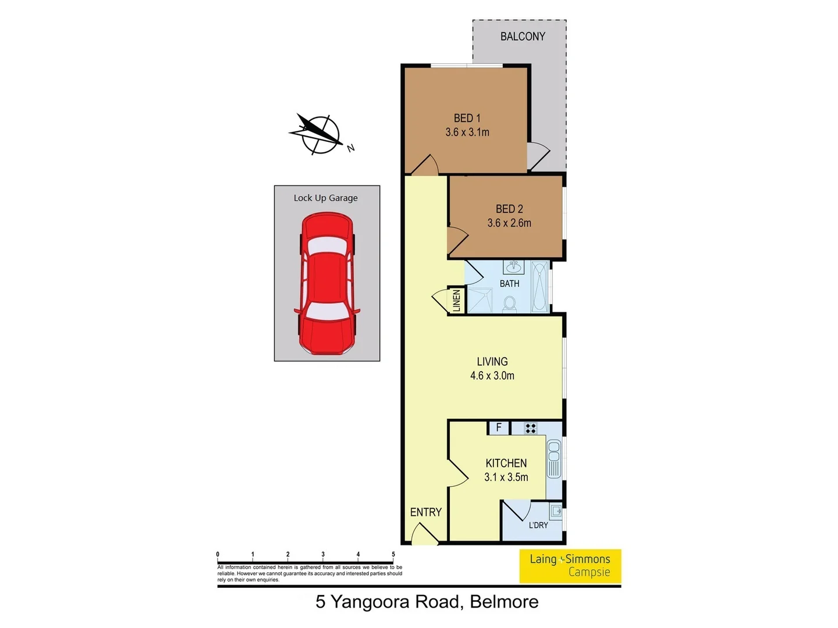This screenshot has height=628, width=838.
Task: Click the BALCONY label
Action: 523,37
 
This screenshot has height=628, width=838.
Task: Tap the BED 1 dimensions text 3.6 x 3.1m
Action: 467,133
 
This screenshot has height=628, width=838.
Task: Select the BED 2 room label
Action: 509,209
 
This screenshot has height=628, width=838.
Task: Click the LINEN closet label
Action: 456,301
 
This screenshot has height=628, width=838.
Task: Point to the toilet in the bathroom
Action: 509,304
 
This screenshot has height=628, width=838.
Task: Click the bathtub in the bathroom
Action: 540,287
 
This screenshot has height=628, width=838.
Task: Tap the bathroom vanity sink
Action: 513,267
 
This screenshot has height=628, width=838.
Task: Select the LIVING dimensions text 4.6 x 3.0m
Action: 492,376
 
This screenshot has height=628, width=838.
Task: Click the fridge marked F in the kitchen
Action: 498,428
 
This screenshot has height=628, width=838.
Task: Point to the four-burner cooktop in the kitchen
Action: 530,429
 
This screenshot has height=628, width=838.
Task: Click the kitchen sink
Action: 553,459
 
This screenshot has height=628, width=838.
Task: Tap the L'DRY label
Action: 538,525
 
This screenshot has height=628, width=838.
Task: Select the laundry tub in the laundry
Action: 556,512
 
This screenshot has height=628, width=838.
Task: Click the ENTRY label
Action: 425,512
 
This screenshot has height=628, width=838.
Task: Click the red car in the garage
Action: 326,284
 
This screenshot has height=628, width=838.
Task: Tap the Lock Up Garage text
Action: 325,198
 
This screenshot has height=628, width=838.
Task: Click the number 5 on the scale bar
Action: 393,555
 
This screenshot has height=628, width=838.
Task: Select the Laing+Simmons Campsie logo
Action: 570,566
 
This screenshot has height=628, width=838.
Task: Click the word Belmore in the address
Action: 504,602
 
